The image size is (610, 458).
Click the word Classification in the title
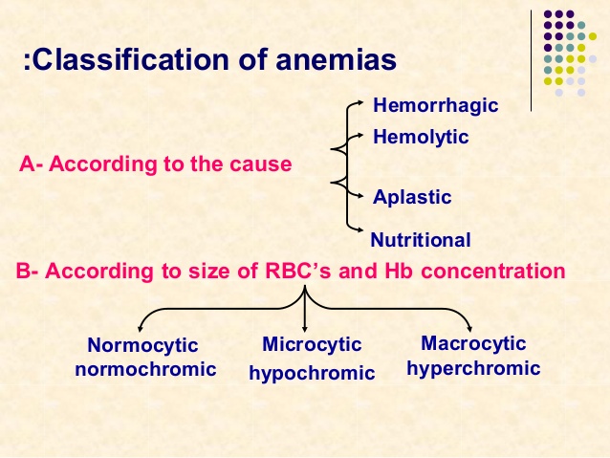point(131,59)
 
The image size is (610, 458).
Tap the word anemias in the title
point(337,59)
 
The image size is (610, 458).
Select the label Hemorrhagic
point(435,106)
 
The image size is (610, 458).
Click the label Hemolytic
point(421,138)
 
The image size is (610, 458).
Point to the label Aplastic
point(412,197)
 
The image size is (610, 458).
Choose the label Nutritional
point(421,240)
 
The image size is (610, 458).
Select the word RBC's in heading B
point(297,271)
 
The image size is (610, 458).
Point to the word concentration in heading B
point(493,271)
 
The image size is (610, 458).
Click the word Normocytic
point(142,345)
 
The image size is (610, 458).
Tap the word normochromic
point(145,369)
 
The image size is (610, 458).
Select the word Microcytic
point(312,344)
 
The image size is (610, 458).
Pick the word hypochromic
point(312,373)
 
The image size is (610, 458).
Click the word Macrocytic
point(473,343)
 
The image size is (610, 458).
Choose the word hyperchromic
point(473,368)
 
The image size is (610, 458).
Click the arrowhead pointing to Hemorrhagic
point(360,102)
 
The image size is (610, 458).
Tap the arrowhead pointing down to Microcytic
point(305,329)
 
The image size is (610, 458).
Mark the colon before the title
point(27,60)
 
